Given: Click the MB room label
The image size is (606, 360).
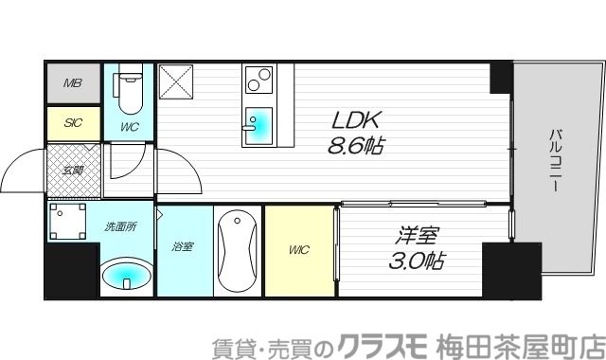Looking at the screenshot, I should [x=73, y=83].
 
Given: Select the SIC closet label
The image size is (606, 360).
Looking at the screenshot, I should [x=72, y=122].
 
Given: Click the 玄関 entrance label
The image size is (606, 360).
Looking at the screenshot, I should [x=72, y=171].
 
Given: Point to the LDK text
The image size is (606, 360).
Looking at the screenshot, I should [x=355, y=121].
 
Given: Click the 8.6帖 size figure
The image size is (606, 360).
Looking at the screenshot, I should [x=355, y=147].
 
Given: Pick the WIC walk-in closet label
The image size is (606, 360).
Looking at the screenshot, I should [x=299, y=250].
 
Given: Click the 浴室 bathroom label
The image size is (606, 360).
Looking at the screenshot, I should [x=183, y=247].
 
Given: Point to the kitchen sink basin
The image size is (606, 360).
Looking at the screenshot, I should [x=256, y=128].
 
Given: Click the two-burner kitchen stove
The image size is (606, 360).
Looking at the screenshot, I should [x=257, y=83].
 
